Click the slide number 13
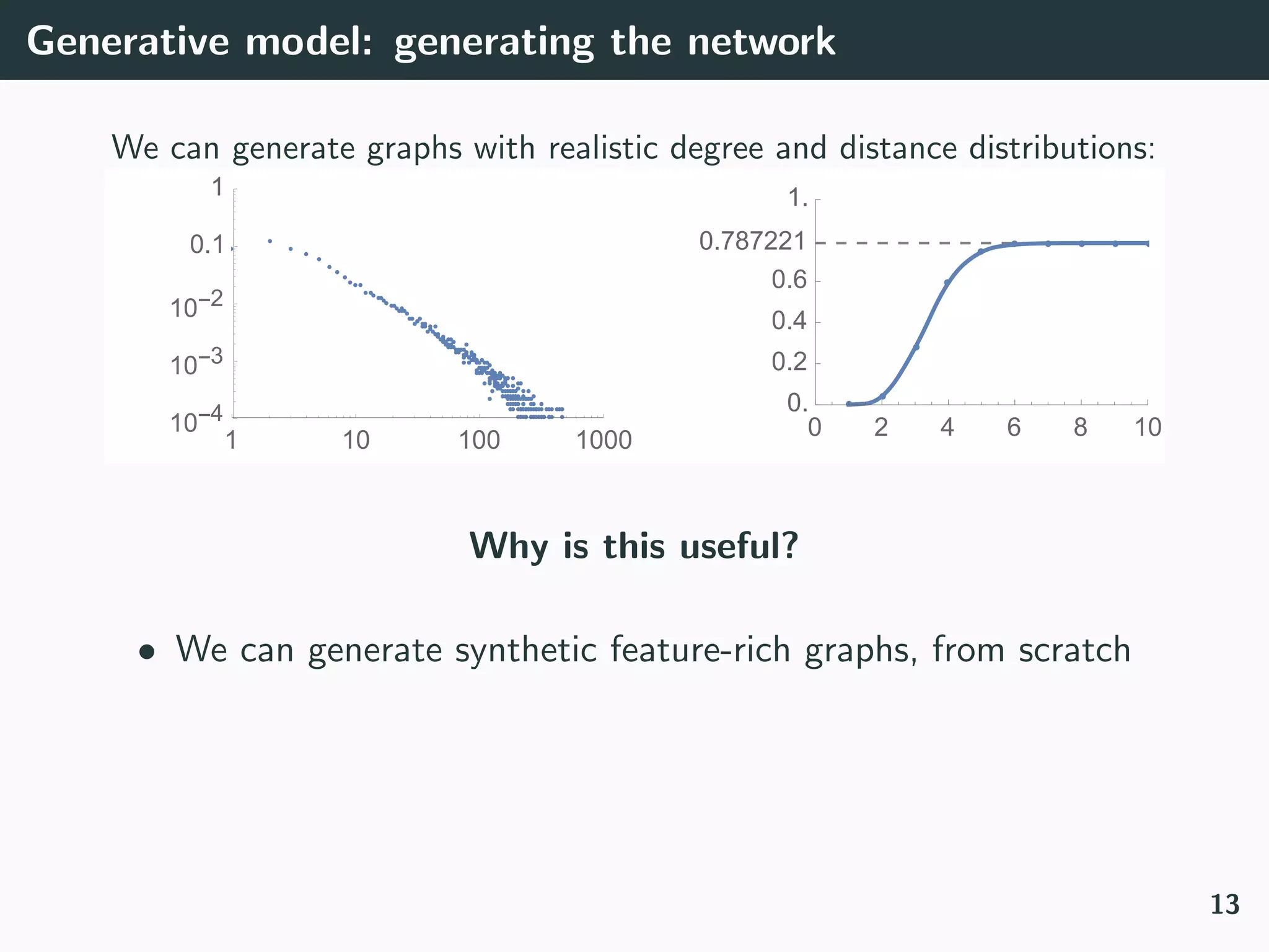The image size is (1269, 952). [1224, 904]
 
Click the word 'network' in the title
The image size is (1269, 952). [761, 42]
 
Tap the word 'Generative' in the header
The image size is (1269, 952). [128, 42]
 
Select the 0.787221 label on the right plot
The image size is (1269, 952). [752, 241]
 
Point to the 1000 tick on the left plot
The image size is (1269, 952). [604, 440]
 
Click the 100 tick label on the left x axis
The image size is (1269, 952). [479, 440]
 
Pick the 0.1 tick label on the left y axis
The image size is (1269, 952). [207, 245]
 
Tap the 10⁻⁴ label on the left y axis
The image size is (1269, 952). [196, 421]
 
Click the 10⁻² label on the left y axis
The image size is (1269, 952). [196, 306]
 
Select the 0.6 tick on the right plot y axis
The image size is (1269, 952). [789, 280]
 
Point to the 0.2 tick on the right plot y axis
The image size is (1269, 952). [789, 362]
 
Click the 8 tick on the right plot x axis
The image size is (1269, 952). [1081, 427]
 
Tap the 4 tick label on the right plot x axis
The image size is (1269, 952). [947, 427]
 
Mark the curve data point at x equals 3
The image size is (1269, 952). [916, 347]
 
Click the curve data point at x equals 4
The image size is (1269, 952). [947, 282]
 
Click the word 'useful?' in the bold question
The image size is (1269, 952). [739, 546]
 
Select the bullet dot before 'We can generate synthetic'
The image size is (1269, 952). [146, 652]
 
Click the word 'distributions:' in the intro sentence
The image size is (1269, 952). [1059, 148]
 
